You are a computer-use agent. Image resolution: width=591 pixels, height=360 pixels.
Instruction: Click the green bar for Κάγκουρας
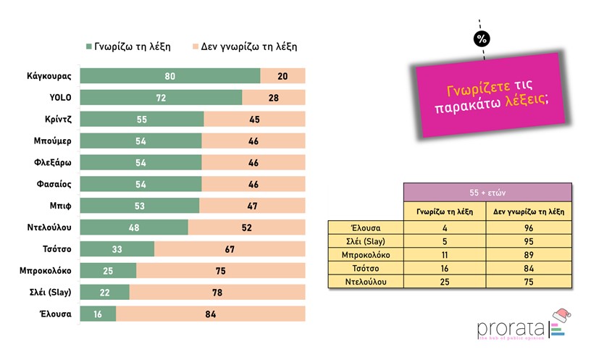[169, 76]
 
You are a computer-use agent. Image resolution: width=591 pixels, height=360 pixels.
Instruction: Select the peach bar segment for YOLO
[274, 98]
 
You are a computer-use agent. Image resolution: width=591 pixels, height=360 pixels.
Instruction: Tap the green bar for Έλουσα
[98, 314]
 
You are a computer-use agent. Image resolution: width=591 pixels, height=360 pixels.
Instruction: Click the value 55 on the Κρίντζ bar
[141, 120]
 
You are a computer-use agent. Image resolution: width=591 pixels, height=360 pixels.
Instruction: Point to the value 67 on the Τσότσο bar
[230, 249]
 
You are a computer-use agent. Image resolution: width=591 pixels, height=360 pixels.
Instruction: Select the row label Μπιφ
[59, 206]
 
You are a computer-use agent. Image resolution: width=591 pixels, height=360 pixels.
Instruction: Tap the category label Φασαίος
[53, 184]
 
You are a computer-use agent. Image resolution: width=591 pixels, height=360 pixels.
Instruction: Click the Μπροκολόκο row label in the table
[366, 255]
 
